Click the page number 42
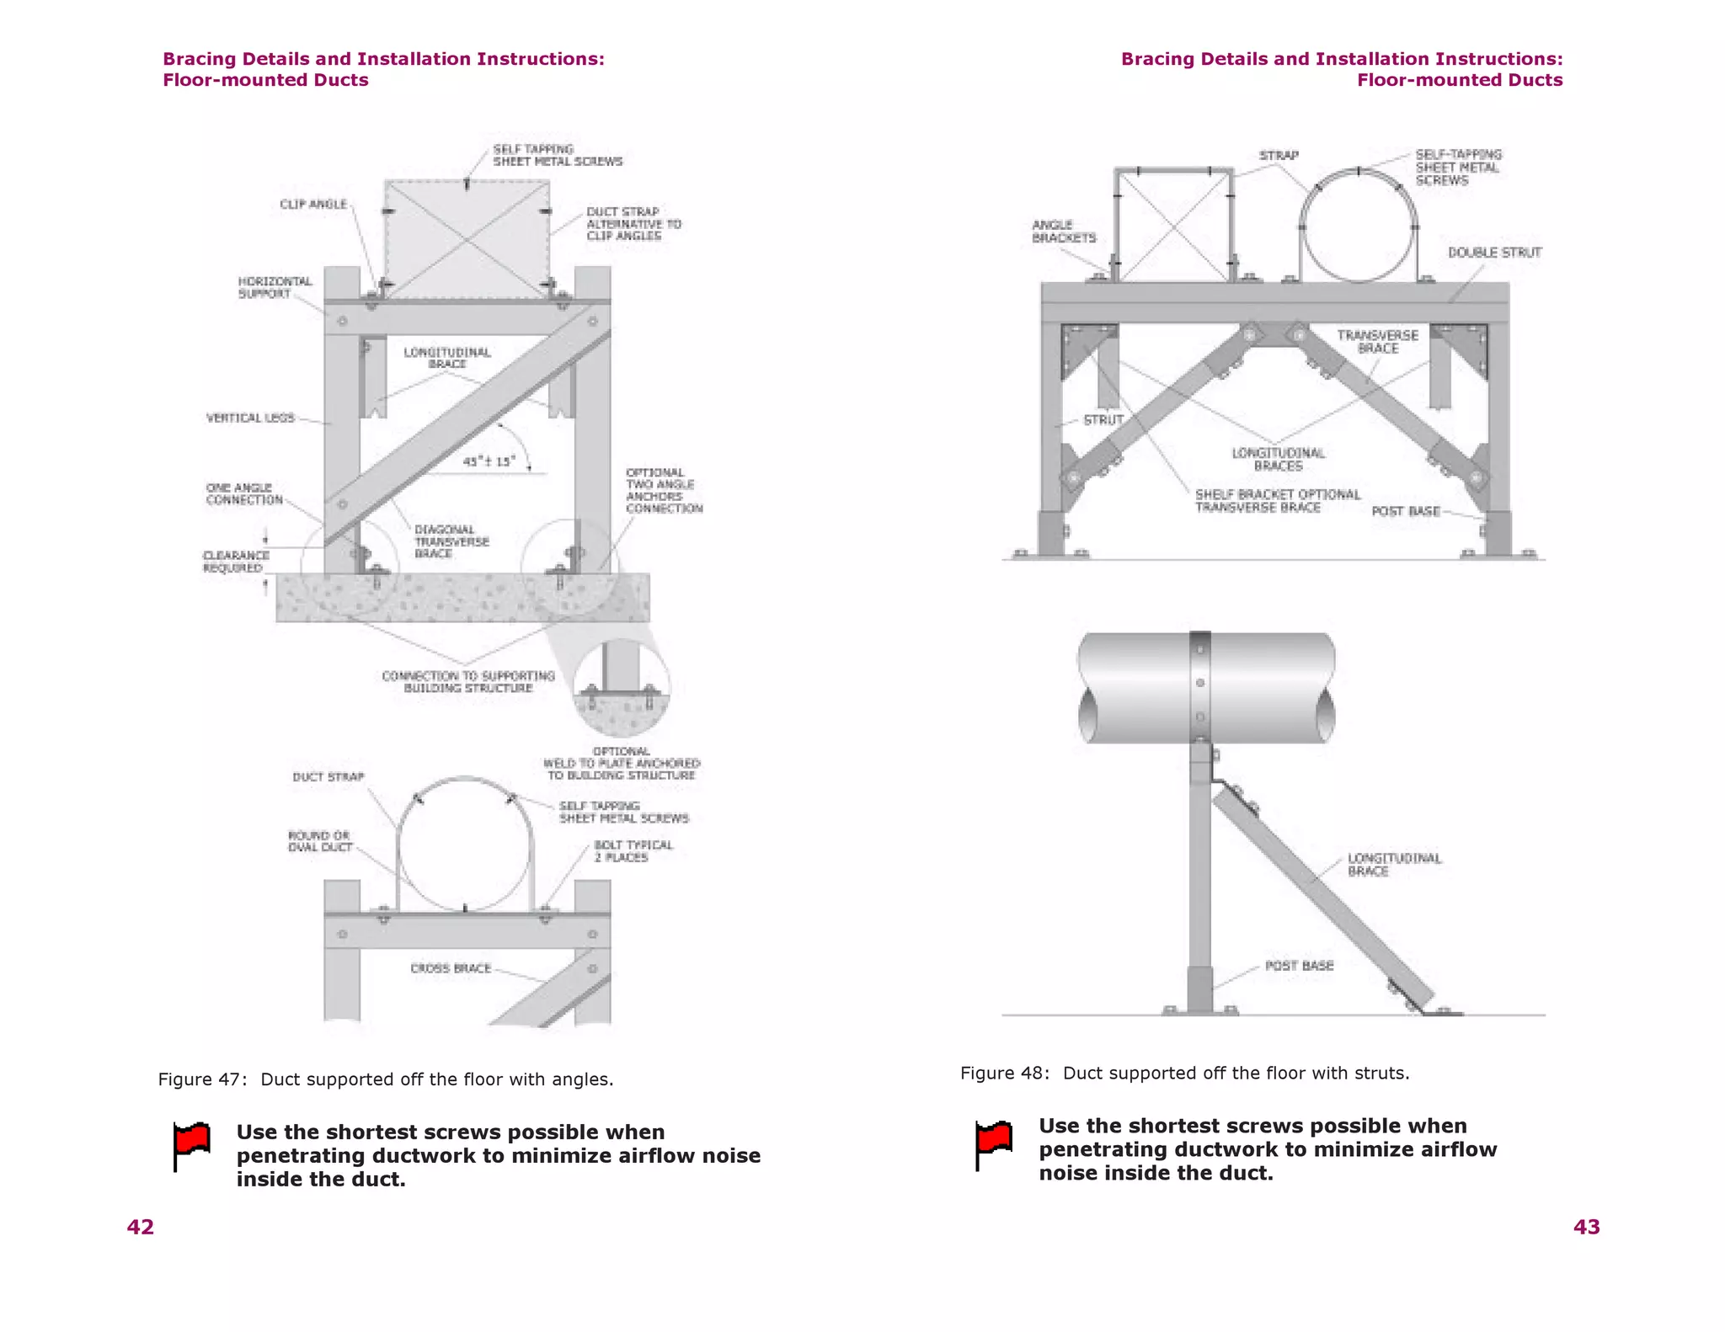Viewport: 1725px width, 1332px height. click(x=141, y=1227)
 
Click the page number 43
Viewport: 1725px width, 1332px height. click(x=1586, y=1227)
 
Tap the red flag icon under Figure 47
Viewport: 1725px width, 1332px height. click(x=192, y=1145)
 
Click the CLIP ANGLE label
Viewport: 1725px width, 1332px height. click(x=313, y=205)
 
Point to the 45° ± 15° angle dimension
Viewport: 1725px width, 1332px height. click(x=489, y=461)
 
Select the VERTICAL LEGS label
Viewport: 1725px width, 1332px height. click(x=250, y=418)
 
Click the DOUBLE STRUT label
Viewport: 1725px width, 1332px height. click(x=1494, y=253)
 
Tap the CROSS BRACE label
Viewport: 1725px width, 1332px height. click(x=451, y=968)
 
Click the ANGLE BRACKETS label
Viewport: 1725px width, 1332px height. click(x=1063, y=232)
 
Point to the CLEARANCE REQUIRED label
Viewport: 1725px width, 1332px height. click(x=236, y=562)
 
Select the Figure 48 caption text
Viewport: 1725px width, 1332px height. click(x=1184, y=1073)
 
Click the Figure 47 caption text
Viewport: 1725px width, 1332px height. click(x=386, y=1079)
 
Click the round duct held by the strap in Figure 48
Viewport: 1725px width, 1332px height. click(x=1358, y=227)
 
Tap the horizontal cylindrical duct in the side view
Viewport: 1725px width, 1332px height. click(x=1206, y=688)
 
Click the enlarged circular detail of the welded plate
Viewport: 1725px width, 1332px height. click(x=622, y=686)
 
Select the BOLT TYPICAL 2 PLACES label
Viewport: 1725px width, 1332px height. click(x=633, y=851)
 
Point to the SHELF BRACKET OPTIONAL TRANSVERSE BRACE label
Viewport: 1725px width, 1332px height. click(x=1277, y=501)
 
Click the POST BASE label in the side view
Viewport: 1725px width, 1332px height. click(x=1299, y=966)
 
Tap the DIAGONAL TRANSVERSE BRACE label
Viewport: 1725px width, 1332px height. click(x=451, y=541)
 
